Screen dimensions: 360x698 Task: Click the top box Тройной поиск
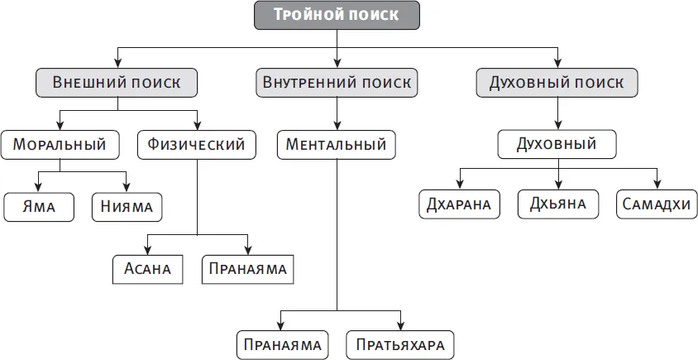tap(337, 15)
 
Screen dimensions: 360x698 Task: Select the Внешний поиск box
tap(117, 83)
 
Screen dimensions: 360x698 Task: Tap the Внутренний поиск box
tap(336, 83)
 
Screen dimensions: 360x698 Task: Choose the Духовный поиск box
tap(557, 83)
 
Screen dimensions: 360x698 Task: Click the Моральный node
tap(60, 145)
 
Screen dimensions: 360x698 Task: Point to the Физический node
tap(197, 145)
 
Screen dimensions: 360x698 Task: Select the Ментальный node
tap(336, 145)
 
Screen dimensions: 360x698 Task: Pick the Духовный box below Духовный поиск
tap(557, 145)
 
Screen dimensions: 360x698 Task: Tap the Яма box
tap(39, 206)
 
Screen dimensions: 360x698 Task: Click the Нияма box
tap(127, 206)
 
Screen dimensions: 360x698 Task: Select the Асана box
tap(148, 268)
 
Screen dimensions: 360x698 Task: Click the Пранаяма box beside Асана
tap(247, 268)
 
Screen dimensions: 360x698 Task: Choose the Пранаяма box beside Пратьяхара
tap(282, 343)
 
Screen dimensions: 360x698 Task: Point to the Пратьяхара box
tap(401, 343)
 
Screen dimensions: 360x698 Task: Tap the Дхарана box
tap(459, 204)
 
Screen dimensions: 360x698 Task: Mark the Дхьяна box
tap(558, 204)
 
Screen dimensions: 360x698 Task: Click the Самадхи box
tap(656, 204)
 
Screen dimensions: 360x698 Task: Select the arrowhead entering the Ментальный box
tap(337, 126)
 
